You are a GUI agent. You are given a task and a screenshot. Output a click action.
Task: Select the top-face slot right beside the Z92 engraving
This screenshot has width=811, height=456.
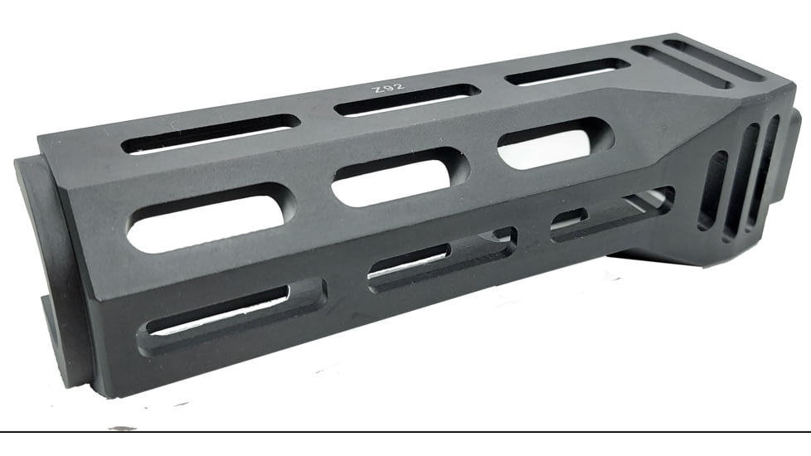pos(407,99)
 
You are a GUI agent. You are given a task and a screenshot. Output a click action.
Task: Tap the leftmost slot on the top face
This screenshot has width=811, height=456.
pos(211,133)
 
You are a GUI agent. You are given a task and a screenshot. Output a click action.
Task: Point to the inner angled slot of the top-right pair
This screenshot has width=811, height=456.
pos(681,67)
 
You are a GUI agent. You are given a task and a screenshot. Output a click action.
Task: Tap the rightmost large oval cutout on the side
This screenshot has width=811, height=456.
pos(553,145)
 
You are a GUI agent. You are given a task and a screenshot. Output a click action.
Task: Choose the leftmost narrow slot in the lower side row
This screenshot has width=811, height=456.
pos(224,311)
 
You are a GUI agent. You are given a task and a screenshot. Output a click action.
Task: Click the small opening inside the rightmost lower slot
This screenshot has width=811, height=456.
pos(571,217)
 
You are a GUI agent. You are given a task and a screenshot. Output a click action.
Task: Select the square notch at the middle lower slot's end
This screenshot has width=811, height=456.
pos(503,239)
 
